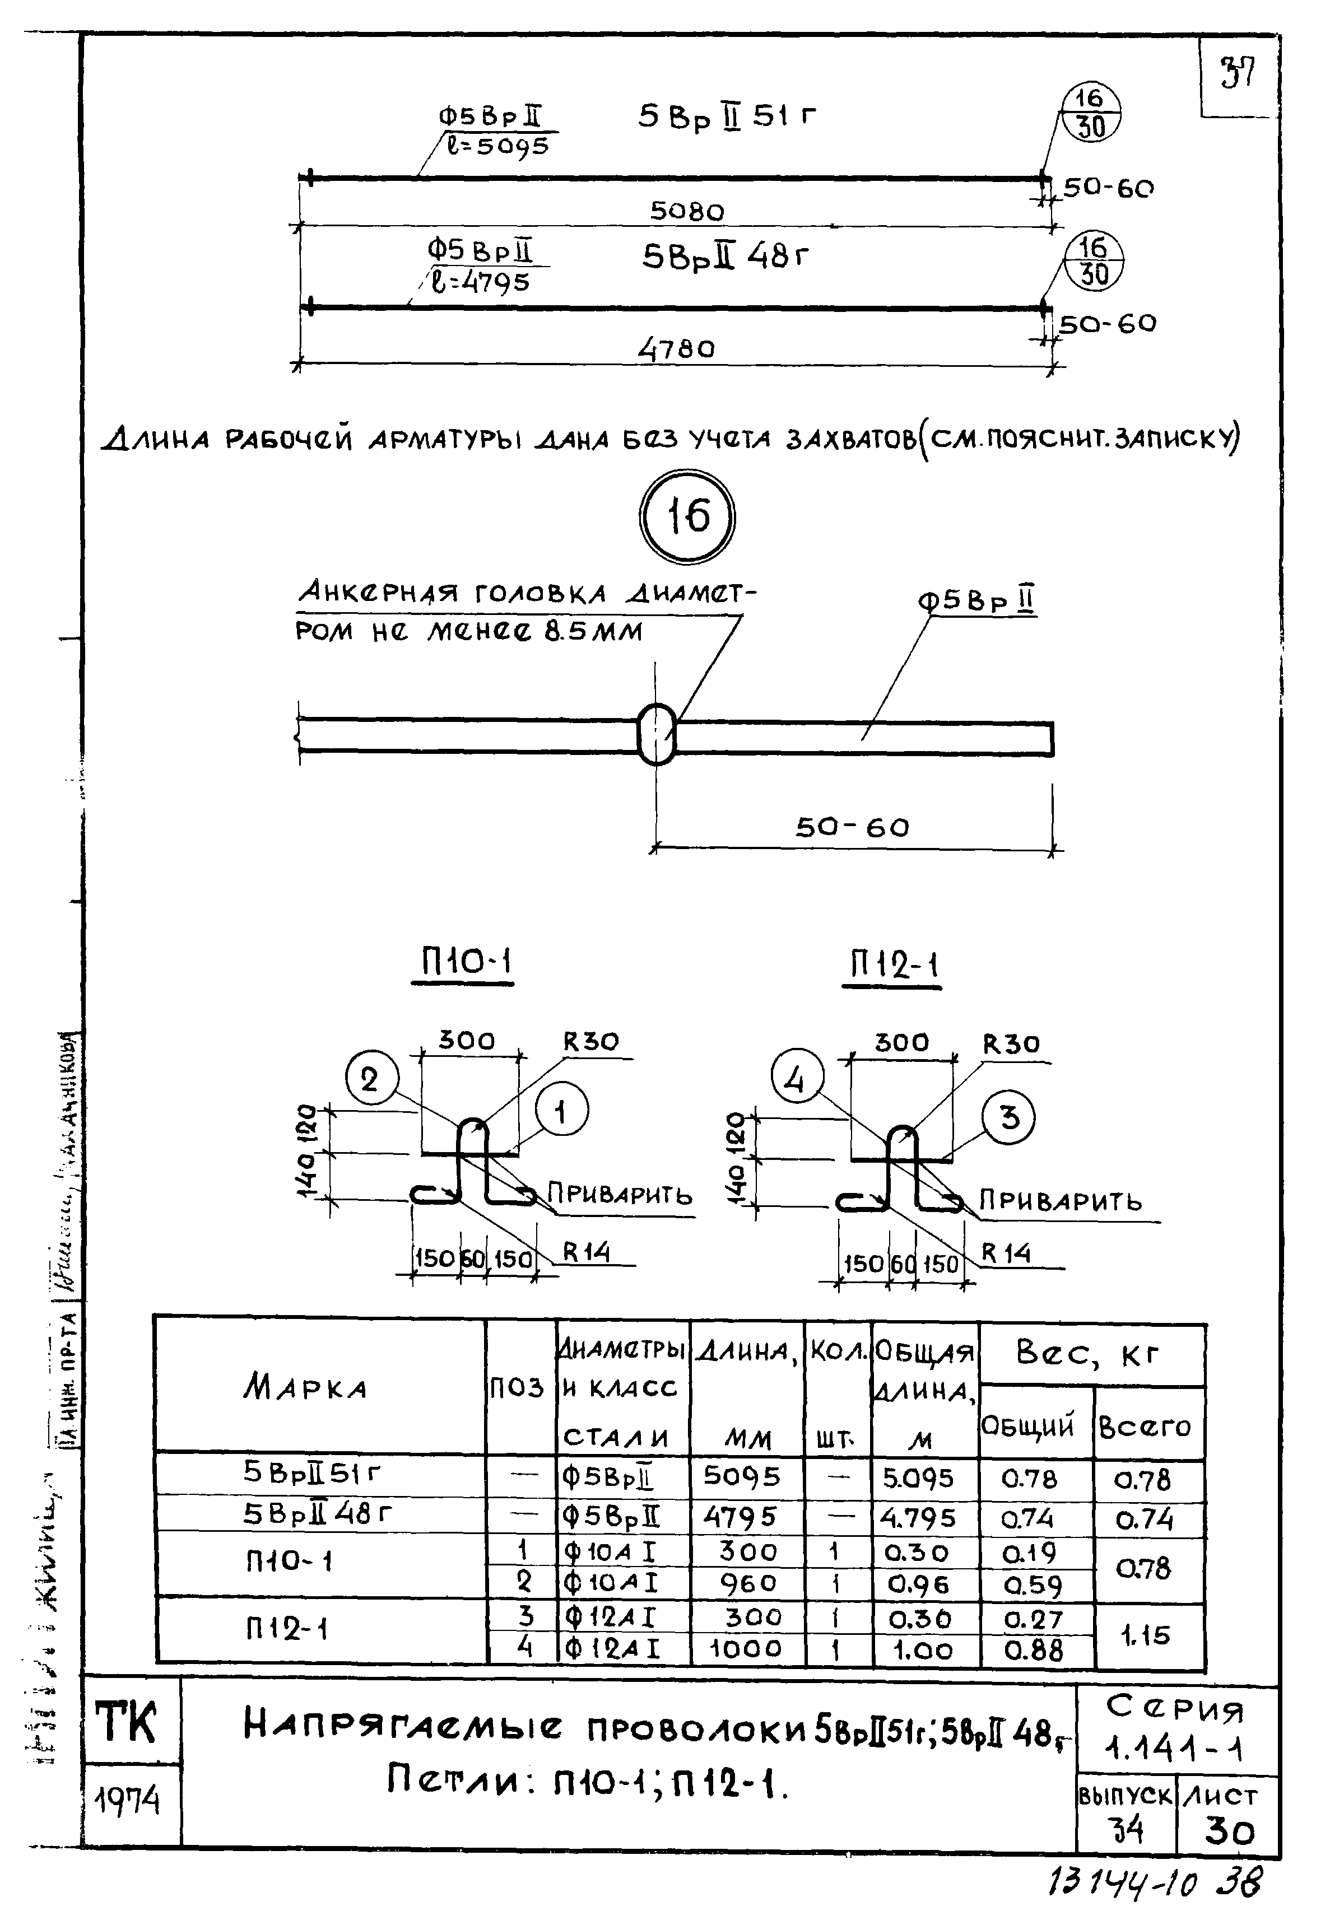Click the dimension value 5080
tap(687, 212)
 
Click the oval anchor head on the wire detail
tap(658, 733)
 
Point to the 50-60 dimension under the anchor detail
tap(852, 827)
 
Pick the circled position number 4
tap(796, 1080)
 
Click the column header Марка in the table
tap(306, 1388)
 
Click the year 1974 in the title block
tap(128, 1802)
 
